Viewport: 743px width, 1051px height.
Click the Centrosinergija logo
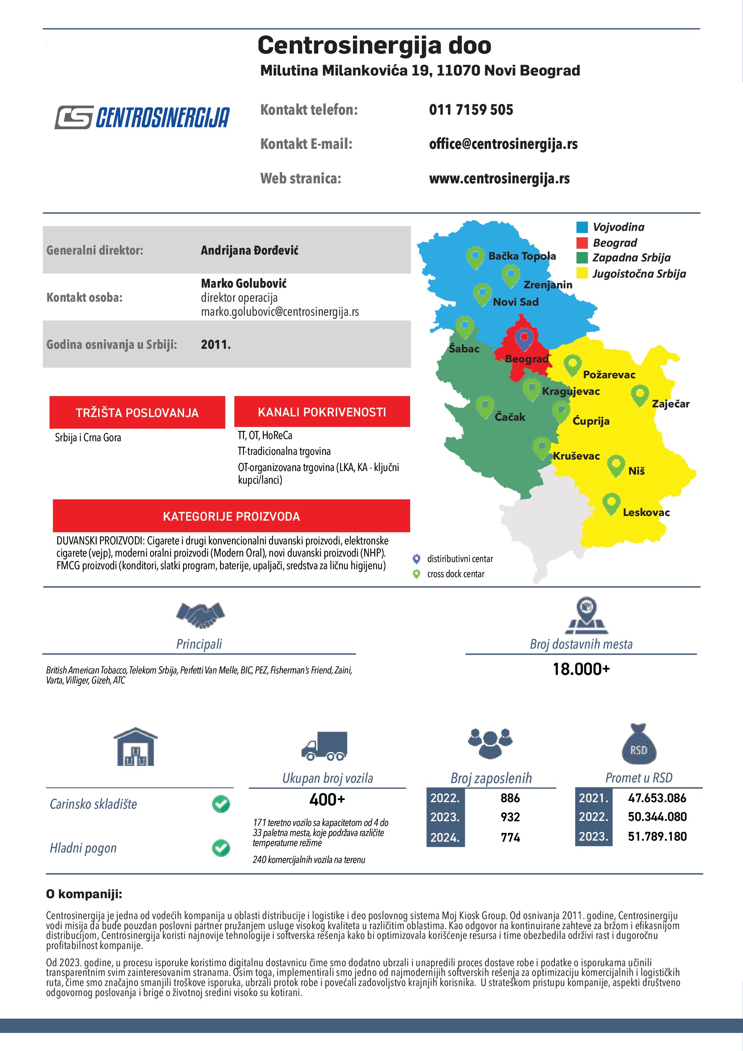point(142,117)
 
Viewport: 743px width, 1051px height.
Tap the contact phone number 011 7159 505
point(471,110)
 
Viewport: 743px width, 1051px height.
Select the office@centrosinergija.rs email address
point(503,144)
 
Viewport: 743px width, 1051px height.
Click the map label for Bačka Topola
point(522,256)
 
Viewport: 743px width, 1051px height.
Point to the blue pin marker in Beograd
point(524,339)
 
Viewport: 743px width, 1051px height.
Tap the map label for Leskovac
point(646,512)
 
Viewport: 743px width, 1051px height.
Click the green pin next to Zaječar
point(639,394)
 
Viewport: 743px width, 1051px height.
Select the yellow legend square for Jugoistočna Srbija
point(582,273)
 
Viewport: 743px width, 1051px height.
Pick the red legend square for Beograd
point(582,243)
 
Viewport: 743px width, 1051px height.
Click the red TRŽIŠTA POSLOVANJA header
point(137,412)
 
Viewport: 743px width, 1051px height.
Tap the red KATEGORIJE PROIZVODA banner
point(231,516)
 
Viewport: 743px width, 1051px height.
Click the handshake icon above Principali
point(200,615)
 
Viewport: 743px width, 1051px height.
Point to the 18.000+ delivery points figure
point(581,669)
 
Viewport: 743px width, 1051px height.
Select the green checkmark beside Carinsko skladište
point(221,804)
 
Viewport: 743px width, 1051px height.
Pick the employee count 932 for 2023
point(510,817)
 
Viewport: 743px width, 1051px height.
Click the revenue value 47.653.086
point(657,798)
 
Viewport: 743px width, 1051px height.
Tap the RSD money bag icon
point(639,745)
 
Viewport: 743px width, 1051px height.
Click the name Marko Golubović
point(244,283)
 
